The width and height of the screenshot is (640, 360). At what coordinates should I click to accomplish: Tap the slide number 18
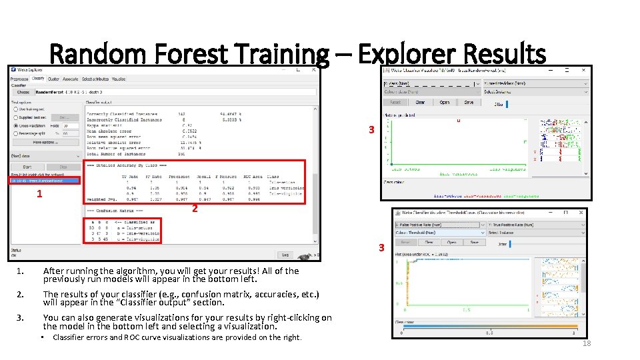coord(587,343)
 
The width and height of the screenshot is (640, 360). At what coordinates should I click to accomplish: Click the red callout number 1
coord(40,194)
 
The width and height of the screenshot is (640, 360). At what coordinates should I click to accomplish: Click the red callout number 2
coord(195,209)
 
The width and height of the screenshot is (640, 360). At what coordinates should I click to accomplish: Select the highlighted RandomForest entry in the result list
coord(44,180)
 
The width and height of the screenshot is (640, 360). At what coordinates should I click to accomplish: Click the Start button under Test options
coord(27,167)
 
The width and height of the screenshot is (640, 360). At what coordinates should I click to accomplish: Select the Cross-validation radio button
coord(15,125)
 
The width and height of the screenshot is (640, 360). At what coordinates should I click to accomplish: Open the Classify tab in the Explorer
coord(38,79)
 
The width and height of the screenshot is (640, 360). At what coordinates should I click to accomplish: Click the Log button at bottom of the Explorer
coord(285,255)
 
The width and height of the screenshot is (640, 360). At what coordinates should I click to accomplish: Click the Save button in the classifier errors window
coord(469,103)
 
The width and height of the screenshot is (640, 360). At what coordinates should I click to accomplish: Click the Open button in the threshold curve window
coord(451,243)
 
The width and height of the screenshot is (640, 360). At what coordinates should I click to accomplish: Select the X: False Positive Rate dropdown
coord(439,225)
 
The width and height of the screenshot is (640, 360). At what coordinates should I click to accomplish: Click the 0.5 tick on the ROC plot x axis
coord(467,310)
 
